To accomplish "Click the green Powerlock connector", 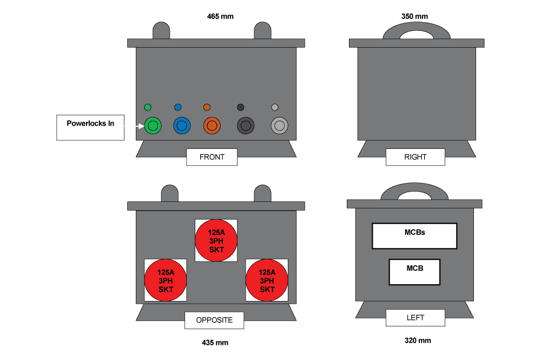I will tap(153, 126).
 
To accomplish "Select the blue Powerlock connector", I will tap(182, 126).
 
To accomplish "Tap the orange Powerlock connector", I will tap(212, 126).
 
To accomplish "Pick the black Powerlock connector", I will tap(246, 126).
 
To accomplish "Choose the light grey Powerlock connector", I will tap(279, 126).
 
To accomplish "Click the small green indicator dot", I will tap(148, 107).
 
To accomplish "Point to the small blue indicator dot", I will tap(178, 107).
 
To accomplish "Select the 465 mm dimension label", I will tap(220, 17).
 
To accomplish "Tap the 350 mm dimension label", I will tap(414, 17).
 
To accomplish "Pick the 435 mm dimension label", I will tap(215, 343).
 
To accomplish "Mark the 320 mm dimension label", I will tap(418, 341).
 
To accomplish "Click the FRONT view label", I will tap(212, 157).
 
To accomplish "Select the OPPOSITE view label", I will tap(214, 320).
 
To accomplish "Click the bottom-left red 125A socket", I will tap(166, 280).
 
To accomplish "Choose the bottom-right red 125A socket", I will tap(267, 280).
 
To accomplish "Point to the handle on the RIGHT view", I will tap(416, 30).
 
